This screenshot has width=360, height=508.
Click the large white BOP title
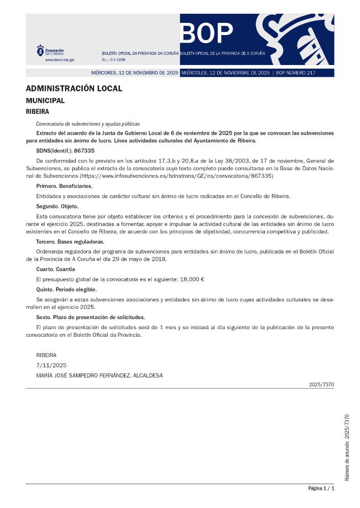[207, 34]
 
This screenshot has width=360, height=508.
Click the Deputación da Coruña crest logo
[40, 51]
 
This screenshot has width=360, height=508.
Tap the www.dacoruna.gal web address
[59, 59]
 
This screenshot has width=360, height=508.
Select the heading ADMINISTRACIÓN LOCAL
[74, 88]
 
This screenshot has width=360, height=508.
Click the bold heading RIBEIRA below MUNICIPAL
[37, 111]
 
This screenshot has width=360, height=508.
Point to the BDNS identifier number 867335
[84, 151]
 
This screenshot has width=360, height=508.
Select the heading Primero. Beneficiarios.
[64, 186]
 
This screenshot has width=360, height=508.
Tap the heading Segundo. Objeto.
[57, 206]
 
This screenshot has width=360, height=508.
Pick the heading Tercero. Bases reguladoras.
[70, 241]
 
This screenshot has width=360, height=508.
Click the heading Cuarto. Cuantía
[55, 269]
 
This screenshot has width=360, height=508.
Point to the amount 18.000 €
[192, 279]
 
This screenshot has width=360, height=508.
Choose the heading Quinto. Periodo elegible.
[66, 289]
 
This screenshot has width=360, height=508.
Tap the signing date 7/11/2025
[51, 365]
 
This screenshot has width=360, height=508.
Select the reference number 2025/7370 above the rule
[321, 385]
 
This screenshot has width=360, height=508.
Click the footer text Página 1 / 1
[321, 488]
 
